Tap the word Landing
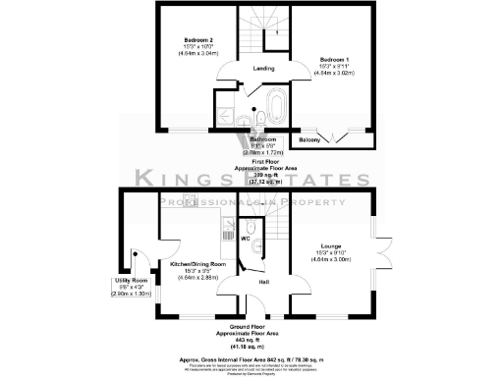(x=263, y=69)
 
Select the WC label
(x=246, y=238)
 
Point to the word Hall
(x=264, y=282)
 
